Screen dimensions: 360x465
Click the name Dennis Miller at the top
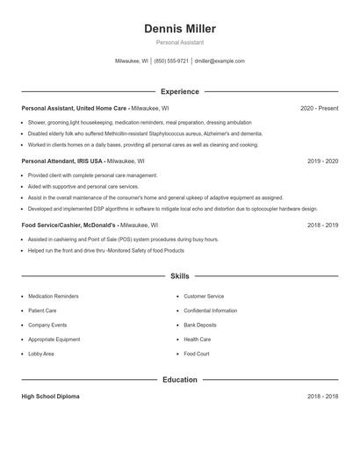(179, 29)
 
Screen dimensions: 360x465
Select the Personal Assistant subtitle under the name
(179, 42)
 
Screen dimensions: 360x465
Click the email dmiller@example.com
(220, 61)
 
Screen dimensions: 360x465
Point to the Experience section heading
(179, 91)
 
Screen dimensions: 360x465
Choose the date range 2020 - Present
(319, 108)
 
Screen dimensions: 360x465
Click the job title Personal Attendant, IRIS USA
(61, 161)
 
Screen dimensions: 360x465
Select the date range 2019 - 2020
(322, 161)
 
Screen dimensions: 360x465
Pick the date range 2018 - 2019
(322, 225)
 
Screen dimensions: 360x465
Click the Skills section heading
(179, 275)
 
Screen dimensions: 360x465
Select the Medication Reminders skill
(54, 297)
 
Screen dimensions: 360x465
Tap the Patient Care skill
(42, 311)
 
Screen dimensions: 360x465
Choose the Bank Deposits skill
(200, 325)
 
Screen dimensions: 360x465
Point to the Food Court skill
(197, 354)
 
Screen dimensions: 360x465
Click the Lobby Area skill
(41, 354)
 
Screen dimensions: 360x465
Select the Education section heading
(179, 380)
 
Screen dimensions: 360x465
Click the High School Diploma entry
(50, 397)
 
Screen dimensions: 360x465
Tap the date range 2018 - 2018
(322, 397)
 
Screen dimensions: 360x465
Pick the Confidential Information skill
(211, 311)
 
